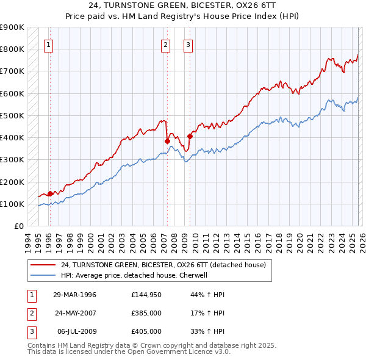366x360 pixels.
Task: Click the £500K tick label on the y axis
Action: (x=12, y=115)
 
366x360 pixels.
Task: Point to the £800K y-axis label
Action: (x=12, y=49)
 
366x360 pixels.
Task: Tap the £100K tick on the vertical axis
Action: (x=12, y=204)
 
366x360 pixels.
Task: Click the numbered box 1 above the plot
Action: (x=48, y=44)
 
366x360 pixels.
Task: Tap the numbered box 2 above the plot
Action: (x=165, y=44)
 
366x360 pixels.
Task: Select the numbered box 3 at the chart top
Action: (x=188, y=44)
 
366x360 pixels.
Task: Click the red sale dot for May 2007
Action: (x=167, y=141)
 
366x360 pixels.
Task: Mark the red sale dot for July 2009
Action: (x=190, y=137)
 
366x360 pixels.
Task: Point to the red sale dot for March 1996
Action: (x=50, y=194)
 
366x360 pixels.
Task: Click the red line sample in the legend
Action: (x=42, y=265)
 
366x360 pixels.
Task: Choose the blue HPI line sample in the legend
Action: (x=42, y=275)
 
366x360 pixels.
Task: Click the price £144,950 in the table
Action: (x=146, y=295)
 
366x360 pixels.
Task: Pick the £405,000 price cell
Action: (x=146, y=331)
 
